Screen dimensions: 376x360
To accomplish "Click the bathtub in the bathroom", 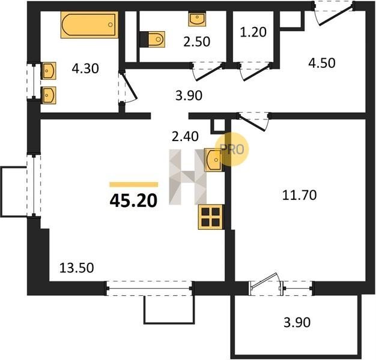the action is click(89, 25).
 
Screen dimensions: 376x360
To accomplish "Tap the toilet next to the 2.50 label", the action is click(153, 39).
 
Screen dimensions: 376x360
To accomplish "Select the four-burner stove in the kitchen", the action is click(211, 217).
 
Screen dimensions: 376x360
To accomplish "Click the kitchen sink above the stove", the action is click(213, 160).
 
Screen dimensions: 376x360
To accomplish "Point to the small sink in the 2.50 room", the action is click(197, 19).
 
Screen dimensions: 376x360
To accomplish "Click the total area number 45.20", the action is click(133, 200).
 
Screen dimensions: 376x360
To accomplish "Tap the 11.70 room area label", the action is click(299, 195).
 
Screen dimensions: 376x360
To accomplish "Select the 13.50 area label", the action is click(76, 268).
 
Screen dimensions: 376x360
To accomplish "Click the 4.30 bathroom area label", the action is click(85, 69).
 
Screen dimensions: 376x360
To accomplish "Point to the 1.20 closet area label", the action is click(253, 32).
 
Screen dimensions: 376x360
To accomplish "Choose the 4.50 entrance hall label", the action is click(321, 63).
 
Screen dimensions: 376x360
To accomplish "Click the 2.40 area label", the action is click(185, 137).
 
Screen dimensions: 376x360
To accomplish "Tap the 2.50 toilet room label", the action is click(196, 41).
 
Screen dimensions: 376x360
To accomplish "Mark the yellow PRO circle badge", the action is click(232, 149).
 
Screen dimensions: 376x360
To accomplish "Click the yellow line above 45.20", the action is click(134, 184).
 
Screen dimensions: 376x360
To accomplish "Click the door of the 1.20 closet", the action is click(255, 73).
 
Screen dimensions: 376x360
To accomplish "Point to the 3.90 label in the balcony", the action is click(297, 322).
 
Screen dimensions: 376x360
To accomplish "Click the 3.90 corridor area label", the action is click(189, 95).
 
